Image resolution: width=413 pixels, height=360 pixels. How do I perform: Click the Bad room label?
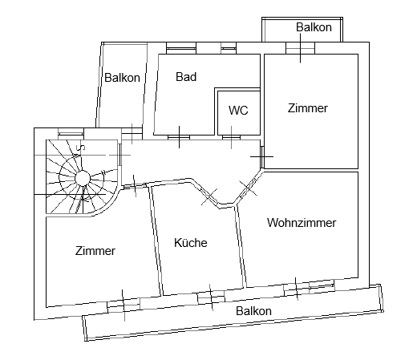coord(186,77)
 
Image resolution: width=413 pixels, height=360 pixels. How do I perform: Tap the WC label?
coord(238,110)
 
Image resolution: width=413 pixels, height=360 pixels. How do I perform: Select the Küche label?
coord(191,242)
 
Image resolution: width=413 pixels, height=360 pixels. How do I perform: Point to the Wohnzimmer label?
coord(302,223)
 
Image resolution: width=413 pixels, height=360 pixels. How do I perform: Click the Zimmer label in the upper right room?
coord(308,108)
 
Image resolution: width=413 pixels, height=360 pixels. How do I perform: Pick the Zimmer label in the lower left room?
coord(95,251)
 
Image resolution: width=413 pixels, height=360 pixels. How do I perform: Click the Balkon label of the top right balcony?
coord(314,27)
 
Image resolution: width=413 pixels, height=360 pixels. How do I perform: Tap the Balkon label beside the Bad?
coord(122,78)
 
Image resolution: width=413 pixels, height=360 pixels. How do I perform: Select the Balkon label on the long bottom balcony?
coord(253,311)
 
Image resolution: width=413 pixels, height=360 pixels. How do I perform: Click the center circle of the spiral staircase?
coord(83,178)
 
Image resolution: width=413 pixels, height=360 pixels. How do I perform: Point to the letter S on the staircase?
coord(80,148)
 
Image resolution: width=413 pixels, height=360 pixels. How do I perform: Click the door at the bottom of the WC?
coord(231,137)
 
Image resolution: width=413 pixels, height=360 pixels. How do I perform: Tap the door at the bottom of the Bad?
coord(179,137)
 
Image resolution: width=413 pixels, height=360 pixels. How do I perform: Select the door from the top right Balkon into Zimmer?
coord(300,48)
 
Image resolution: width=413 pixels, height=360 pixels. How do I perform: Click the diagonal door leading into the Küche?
coord(209,196)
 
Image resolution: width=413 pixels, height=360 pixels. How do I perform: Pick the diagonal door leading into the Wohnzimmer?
coord(249,188)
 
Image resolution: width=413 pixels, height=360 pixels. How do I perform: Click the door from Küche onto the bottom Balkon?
coord(211,297)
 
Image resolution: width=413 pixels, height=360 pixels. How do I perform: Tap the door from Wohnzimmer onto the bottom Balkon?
coord(296,289)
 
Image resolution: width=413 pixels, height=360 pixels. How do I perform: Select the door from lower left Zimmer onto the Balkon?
coord(123,305)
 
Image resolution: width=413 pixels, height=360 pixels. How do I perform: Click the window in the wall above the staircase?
coord(71,132)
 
